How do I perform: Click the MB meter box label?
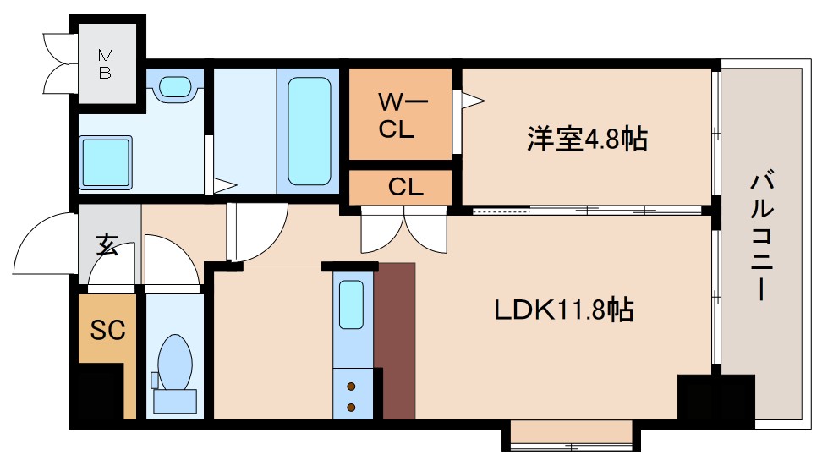(105, 64)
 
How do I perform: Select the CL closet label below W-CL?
(405, 188)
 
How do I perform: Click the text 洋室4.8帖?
(588, 138)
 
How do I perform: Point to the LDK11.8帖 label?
(564, 310)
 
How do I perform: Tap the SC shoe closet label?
(107, 330)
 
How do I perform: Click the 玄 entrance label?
(107, 246)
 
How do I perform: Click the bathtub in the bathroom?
(309, 131)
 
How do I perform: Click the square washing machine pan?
(107, 163)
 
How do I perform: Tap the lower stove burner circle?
(351, 408)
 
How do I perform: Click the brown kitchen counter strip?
(396, 342)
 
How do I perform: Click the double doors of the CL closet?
(405, 230)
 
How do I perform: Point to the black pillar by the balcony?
(715, 397)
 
